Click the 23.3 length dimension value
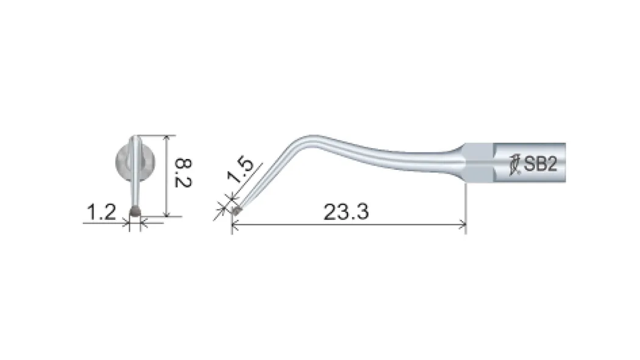tap(346, 212)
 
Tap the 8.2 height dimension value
tap(182, 173)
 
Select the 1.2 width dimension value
tap(101, 213)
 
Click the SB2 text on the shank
tap(541, 164)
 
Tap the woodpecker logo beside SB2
tap(514, 164)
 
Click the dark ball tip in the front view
tap(135, 211)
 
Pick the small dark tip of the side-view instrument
tap(236, 210)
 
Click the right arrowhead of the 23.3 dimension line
tap(463, 224)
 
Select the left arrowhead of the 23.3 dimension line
tap(235, 224)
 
